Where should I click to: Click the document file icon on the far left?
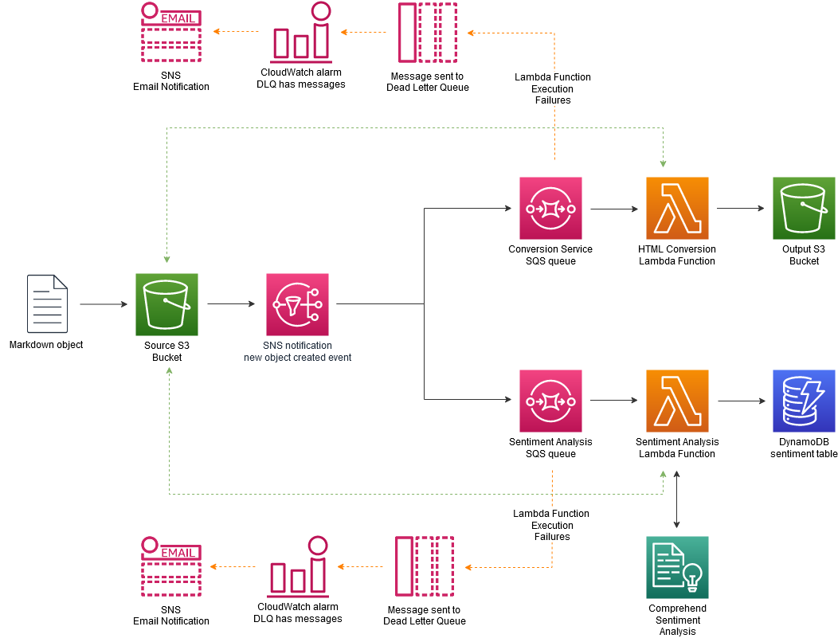pyautogui.click(x=47, y=303)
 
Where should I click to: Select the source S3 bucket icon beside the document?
pyautogui.click(x=166, y=304)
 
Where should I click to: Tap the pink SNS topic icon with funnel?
pyautogui.click(x=297, y=304)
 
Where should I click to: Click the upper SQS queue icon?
pyautogui.click(x=550, y=209)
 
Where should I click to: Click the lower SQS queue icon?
pyautogui.click(x=550, y=401)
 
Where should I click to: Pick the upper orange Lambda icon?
pyautogui.click(x=677, y=209)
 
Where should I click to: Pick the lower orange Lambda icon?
pyautogui.click(x=677, y=401)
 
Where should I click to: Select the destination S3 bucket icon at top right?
pyautogui.click(x=804, y=209)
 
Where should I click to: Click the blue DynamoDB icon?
pyautogui.click(x=804, y=401)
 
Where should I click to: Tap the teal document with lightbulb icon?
pyautogui.click(x=677, y=567)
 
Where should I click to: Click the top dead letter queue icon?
pyautogui.click(x=428, y=33)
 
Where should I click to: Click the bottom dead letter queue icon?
pyautogui.click(x=425, y=566)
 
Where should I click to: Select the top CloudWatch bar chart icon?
pyautogui.click(x=301, y=33)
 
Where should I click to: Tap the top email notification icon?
pyautogui.click(x=170, y=33)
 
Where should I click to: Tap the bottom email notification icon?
pyautogui.click(x=170, y=566)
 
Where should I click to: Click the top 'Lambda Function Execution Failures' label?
pyautogui.click(x=553, y=88)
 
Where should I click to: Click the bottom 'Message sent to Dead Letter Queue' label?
pyautogui.click(x=425, y=616)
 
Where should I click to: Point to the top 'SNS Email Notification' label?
pyautogui.click(x=171, y=81)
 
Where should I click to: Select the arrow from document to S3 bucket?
pyautogui.click(x=103, y=304)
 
